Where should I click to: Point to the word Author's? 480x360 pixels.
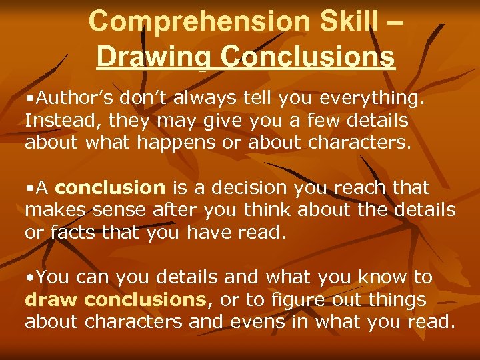[x=73, y=99]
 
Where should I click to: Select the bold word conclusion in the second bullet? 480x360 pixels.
[x=115, y=189]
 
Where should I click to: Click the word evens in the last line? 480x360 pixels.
[x=263, y=322]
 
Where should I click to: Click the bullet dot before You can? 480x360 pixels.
[x=29, y=277]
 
